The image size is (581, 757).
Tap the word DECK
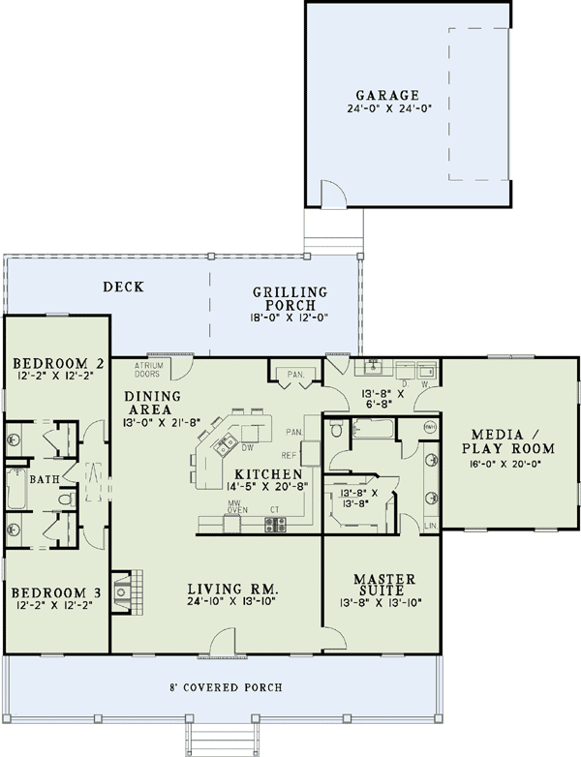[124, 287]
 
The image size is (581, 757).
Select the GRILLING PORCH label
[290, 299]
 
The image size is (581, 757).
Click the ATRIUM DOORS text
[147, 369]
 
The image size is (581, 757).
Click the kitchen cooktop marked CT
[275, 524]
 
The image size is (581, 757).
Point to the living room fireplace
[124, 589]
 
